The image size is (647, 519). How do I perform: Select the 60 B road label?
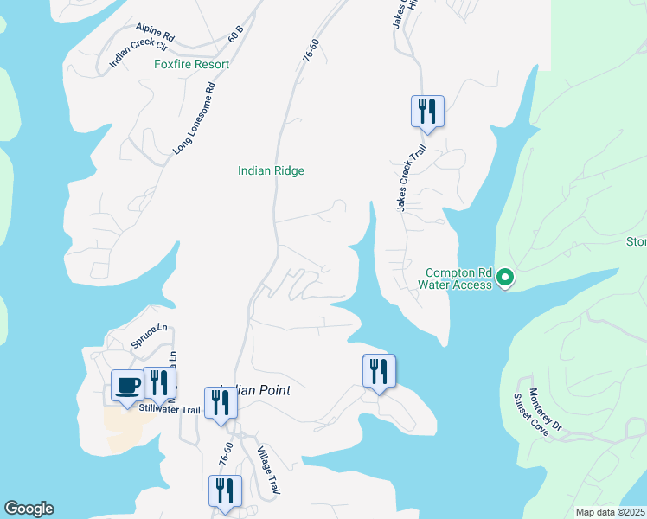tap(235, 35)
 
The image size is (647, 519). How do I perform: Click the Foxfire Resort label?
tap(191, 65)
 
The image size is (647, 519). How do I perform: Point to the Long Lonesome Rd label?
tap(194, 119)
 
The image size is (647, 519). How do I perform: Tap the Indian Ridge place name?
tap(271, 171)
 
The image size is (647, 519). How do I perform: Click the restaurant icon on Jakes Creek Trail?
tap(426, 111)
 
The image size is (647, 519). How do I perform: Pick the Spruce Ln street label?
tap(148, 336)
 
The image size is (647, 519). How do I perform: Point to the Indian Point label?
tap(256, 390)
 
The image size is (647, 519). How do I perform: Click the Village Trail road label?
tap(271, 469)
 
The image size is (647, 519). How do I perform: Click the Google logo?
tap(29, 509)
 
